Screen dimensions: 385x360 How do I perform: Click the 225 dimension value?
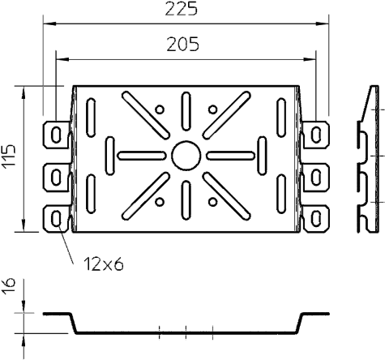[x=182, y=9]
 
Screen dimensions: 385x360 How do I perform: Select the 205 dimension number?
[x=183, y=45]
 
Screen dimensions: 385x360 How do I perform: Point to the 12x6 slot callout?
[x=104, y=264]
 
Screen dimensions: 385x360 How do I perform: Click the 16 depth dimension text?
[x=8, y=286]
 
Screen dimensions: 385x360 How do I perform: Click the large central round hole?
[x=186, y=156]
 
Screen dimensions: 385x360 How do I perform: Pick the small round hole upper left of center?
[x=160, y=109]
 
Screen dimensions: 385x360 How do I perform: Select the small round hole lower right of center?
[x=213, y=202]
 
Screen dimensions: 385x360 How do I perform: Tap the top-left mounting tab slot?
[x=56, y=135]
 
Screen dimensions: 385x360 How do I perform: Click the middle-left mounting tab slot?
[x=56, y=178]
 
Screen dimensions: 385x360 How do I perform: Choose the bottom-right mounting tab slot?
[x=316, y=219]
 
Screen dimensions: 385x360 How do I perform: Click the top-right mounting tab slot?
[x=316, y=135]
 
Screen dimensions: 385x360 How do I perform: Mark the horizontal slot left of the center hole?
[x=142, y=156]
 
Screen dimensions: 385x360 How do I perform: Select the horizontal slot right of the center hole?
[x=230, y=156]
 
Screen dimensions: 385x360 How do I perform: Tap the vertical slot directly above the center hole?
[x=186, y=111]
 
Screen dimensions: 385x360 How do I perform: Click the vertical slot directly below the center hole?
[x=186, y=200]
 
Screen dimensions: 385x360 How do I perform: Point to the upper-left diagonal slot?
[x=146, y=115]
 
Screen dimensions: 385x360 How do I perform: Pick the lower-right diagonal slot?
[x=226, y=196]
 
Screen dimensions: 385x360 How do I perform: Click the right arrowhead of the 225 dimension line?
[x=323, y=24]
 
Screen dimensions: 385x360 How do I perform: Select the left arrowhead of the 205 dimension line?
[x=62, y=59]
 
